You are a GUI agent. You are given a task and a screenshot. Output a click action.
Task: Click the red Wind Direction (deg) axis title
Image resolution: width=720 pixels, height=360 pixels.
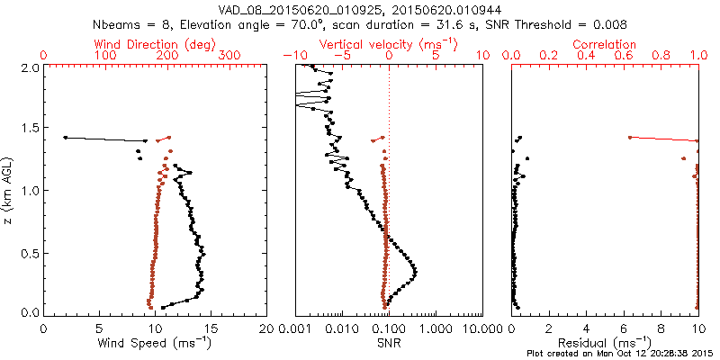(155, 44)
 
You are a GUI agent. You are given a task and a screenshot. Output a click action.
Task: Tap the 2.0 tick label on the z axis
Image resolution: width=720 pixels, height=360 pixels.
(29, 67)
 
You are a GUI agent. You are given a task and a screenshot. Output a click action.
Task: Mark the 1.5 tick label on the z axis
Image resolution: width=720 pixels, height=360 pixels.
(29, 129)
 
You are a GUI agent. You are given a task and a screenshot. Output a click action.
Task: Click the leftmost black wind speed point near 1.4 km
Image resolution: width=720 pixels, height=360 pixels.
(66, 138)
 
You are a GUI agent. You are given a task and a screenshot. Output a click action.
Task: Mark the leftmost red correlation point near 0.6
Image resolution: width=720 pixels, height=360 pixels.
(629, 138)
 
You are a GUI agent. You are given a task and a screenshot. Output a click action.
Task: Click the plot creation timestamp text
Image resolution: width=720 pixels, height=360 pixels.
(621, 354)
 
